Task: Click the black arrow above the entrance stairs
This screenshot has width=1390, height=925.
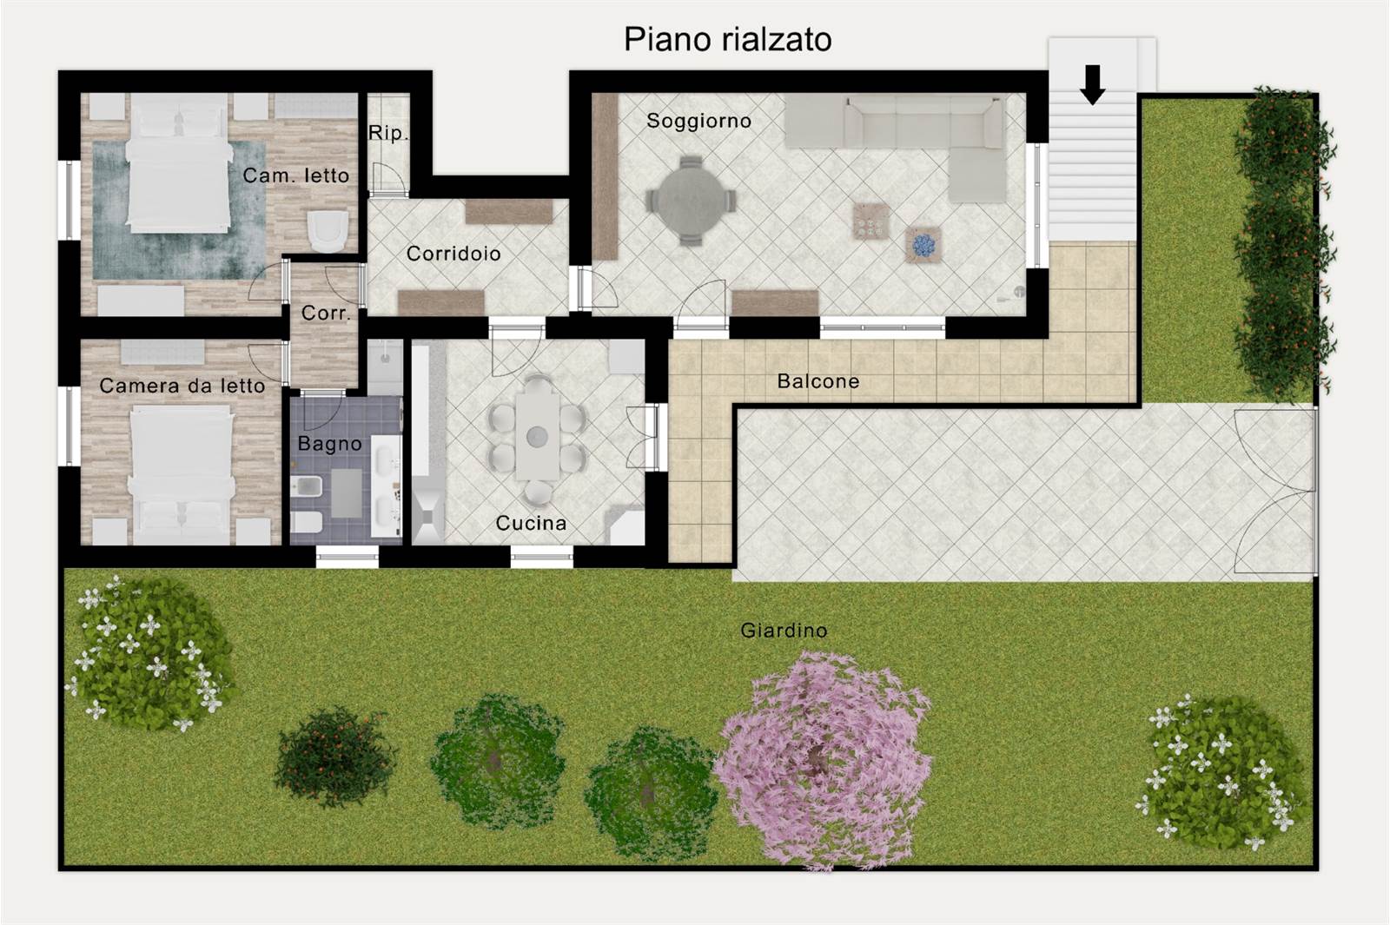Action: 1092,84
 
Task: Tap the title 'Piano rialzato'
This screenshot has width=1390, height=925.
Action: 727,40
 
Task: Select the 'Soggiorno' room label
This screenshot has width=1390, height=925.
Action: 698,121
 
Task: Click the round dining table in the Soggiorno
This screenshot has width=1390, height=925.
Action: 691,200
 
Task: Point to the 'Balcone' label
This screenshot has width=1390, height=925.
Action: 817,381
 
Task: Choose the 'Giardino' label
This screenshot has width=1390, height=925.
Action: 784,631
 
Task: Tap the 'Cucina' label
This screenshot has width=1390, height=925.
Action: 531,523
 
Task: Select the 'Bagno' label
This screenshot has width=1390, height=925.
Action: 329,444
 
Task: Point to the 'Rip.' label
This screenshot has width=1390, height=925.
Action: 387,134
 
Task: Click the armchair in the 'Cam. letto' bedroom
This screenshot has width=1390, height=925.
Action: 328,230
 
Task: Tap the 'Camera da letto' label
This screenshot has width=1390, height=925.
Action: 182,386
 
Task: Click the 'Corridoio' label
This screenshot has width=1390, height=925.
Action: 453,253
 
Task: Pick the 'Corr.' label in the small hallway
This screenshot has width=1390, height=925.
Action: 326,313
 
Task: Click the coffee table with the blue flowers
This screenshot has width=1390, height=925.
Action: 923,244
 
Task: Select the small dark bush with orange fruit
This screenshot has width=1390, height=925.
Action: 335,757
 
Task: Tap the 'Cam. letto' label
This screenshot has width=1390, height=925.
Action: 295,175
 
